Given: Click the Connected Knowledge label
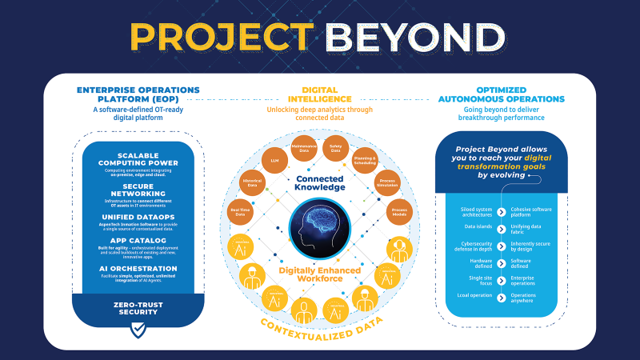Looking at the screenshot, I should pyautogui.click(x=319, y=182).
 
